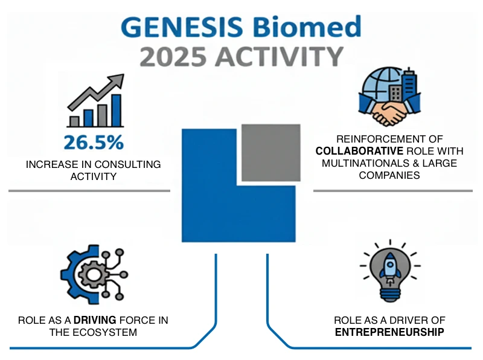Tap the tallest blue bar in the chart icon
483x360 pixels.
coord(117,110)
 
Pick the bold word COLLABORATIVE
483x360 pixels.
coord(352,152)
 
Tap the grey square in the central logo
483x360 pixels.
coord(270,152)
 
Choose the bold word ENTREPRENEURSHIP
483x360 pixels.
coord(389,332)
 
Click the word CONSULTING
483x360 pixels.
coord(132,164)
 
